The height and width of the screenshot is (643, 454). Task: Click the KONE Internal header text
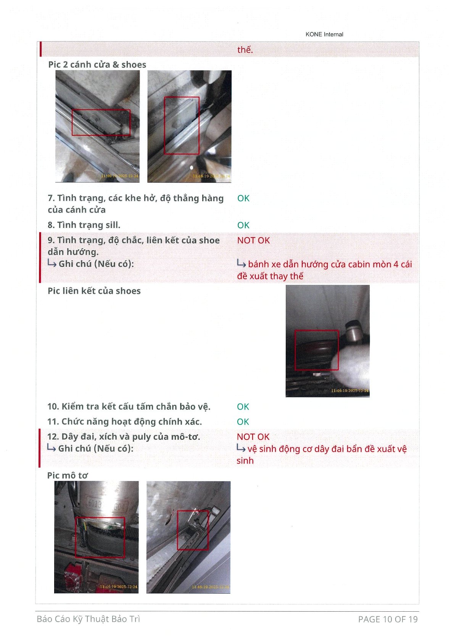coord(324,34)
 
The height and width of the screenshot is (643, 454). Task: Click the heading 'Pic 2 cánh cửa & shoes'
coord(97,65)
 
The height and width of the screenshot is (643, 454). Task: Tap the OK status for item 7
coord(243,198)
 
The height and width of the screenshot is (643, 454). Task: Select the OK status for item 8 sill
coord(243,225)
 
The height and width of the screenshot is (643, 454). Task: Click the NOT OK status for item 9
coord(254,240)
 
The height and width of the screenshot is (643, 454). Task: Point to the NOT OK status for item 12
coord(253,436)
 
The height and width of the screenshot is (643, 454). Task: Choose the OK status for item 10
coord(243,407)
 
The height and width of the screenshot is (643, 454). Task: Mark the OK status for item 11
coord(243,422)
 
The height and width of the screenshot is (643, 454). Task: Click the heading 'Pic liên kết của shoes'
coord(94,291)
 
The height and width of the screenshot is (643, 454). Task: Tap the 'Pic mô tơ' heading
coord(68,475)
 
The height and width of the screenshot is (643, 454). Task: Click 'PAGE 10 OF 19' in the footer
coord(388,619)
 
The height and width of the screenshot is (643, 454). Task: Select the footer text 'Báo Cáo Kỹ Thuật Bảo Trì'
coord(89,619)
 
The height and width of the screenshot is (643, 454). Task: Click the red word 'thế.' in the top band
coord(245,50)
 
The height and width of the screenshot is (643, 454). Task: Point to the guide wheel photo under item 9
coord(327,341)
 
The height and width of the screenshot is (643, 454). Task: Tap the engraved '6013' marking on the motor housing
coord(94,504)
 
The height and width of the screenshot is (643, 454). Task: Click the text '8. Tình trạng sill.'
coord(84,225)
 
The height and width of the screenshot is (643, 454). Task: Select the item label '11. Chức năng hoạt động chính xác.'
coord(124,422)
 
